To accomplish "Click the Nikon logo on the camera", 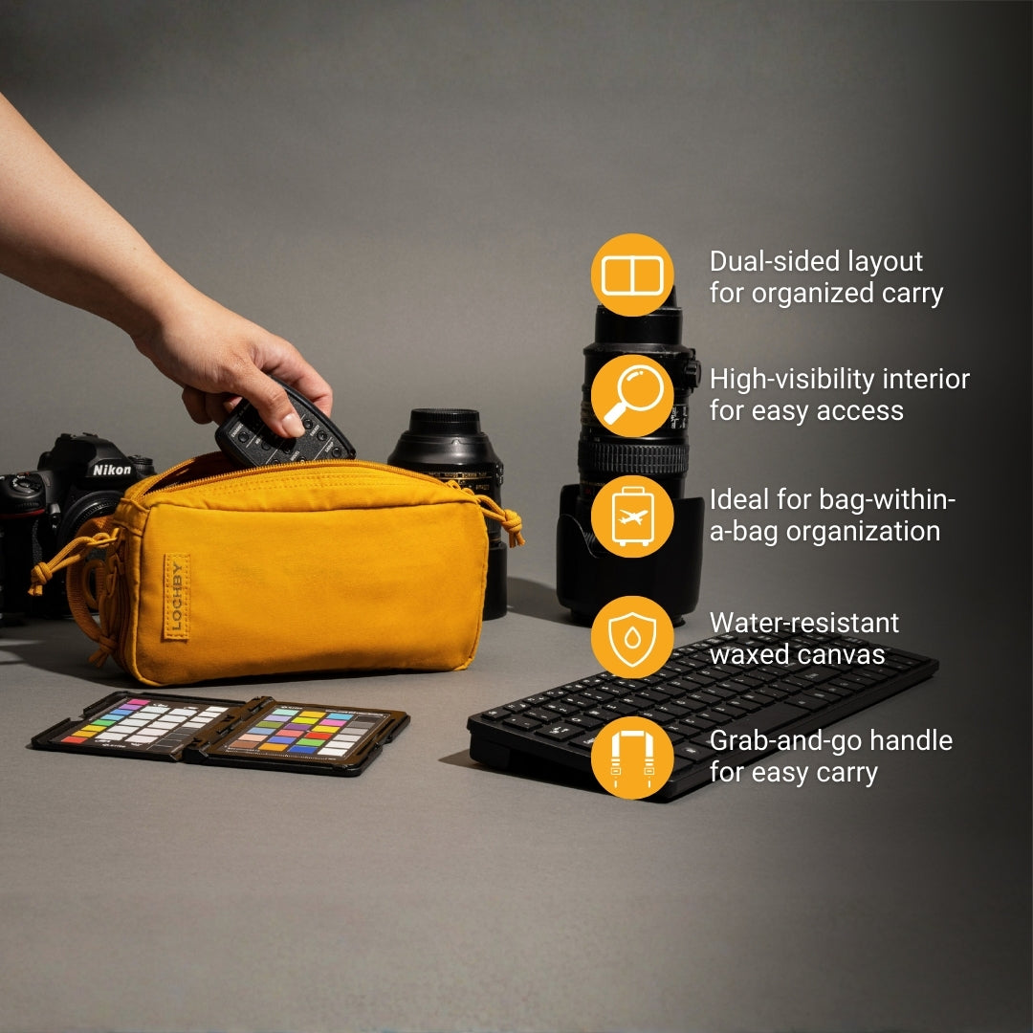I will tap(111, 470).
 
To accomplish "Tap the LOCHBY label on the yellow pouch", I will tap(175, 596).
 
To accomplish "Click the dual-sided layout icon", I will tap(632, 275).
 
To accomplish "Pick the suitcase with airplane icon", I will tap(632, 516).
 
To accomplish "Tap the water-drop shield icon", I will tap(632, 637).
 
